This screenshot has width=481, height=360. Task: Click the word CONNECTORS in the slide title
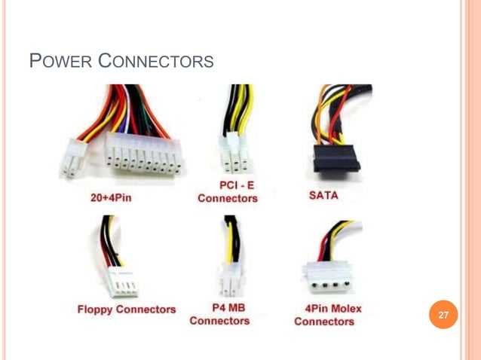[x=157, y=60]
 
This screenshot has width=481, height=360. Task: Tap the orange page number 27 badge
[x=443, y=315]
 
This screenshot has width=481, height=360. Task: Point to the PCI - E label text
[x=228, y=185]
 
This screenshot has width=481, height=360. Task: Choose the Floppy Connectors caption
[x=126, y=309]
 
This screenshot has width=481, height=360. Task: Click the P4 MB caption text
[x=219, y=308]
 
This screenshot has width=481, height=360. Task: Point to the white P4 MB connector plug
[x=229, y=280]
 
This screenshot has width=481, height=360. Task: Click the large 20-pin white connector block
[x=143, y=154]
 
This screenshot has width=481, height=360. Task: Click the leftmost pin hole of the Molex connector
[x=311, y=285]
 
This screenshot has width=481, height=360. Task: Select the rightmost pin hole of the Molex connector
[x=347, y=285]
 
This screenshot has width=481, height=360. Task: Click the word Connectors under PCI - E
[x=228, y=199]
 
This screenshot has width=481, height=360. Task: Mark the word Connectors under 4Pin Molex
[x=324, y=322]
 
